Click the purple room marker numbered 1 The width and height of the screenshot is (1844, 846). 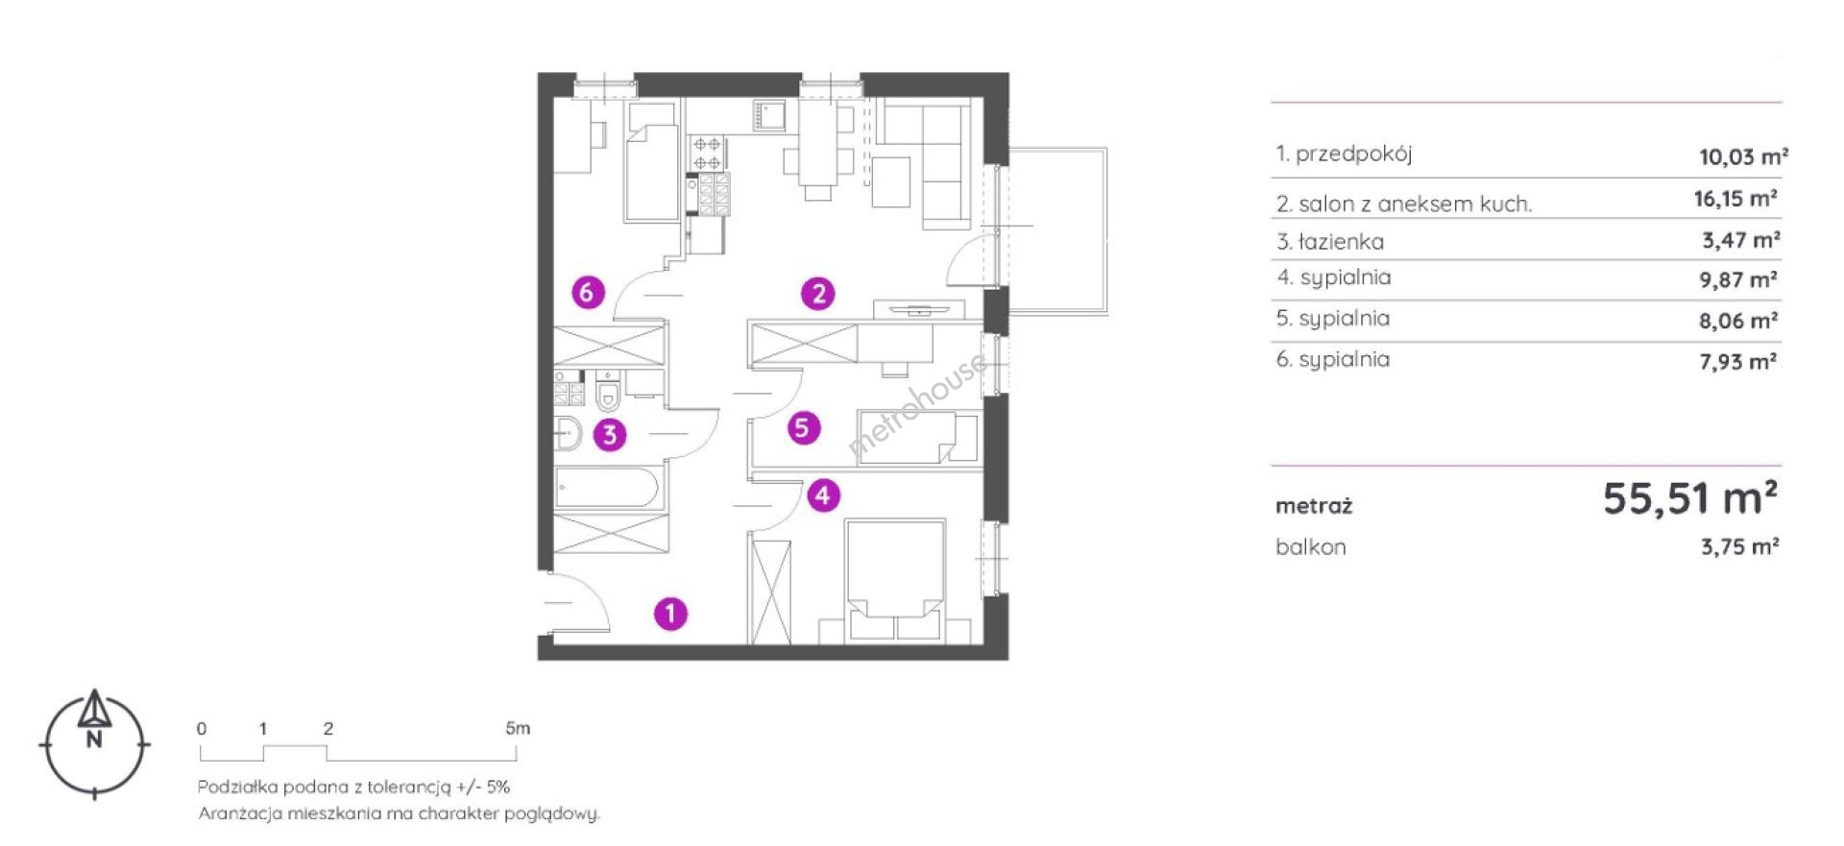[x=670, y=613]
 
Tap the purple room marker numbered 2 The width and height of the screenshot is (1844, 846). [x=818, y=293]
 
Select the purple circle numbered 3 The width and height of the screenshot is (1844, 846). [x=610, y=435]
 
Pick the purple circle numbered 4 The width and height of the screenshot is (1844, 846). [x=823, y=496]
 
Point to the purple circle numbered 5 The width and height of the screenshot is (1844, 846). [x=804, y=427]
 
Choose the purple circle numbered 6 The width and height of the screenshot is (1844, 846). [x=588, y=291]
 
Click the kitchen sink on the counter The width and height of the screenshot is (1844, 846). [x=769, y=116]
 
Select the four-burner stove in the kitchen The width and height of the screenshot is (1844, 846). [x=709, y=153]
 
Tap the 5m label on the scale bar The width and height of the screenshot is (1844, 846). [x=518, y=728]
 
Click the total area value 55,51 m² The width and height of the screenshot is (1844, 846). [x=1690, y=498]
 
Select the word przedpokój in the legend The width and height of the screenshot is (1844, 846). [x=1354, y=154]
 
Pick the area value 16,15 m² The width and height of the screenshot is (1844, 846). [x=1735, y=199]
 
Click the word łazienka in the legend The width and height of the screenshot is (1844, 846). [x=1342, y=241]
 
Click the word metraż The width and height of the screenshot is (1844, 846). [x=1314, y=505]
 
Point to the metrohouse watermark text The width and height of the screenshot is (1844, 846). [x=918, y=404]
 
